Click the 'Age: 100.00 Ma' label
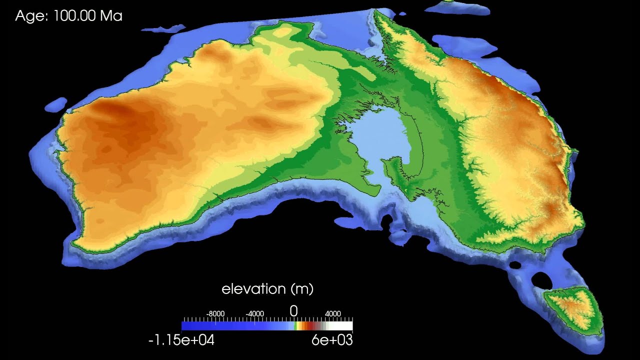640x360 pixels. click(x=68, y=16)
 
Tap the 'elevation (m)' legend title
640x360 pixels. click(x=267, y=288)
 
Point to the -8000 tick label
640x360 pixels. click(x=215, y=313)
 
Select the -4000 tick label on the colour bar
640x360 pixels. click(x=255, y=313)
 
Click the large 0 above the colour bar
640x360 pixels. click(x=293, y=311)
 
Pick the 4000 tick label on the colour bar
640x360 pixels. click(x=333, y=313)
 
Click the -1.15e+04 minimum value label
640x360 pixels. click(x=181, y=340)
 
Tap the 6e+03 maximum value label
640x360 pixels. click(x=331, y=340)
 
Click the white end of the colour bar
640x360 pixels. click(x=347, y=326)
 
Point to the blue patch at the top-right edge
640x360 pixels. click(x=457, y=7)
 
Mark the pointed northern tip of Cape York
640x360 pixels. click(x=376, y=12)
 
